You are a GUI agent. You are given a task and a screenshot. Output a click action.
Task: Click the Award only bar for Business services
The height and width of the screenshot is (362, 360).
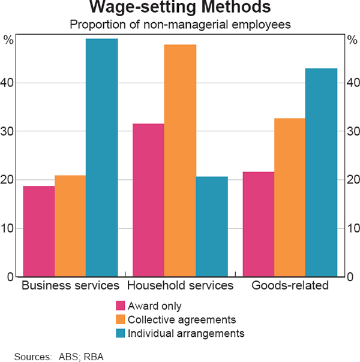tap(39, 231)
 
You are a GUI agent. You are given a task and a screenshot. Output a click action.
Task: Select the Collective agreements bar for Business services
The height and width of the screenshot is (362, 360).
tap(70, 226)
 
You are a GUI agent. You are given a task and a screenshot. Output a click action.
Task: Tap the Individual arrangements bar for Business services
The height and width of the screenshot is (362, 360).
tap(101, 158)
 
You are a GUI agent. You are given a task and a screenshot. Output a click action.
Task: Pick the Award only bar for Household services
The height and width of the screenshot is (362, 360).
tap(149, 200)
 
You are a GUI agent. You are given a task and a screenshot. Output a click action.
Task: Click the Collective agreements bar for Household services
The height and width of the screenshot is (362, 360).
tap(180, 161)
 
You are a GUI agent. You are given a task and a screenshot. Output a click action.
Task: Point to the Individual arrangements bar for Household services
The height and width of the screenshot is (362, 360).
tap(211, 227)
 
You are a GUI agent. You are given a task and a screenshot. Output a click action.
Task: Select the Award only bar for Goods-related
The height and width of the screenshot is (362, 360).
tap(259, 224)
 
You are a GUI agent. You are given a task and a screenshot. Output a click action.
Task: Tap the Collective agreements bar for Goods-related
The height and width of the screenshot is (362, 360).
tap(290, 197)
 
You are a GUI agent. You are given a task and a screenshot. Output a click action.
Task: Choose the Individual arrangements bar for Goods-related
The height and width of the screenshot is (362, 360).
tap(321, 173)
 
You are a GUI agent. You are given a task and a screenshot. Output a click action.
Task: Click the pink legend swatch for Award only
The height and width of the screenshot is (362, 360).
tap(121, 306)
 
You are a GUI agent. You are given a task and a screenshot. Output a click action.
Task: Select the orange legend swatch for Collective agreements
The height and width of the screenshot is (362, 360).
tap(121, 319)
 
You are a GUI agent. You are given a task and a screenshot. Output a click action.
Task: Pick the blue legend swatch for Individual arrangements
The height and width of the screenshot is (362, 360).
tap(121, 332)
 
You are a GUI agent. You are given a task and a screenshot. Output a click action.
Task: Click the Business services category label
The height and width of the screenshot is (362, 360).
tap(70, 286)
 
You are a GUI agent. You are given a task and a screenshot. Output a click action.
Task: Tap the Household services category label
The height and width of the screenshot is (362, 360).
tap(180, 286)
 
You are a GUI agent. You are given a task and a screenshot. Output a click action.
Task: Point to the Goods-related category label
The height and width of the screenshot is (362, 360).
tap(290, 286)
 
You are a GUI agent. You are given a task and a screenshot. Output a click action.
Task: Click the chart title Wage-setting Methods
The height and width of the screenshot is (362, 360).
tap(180, 8)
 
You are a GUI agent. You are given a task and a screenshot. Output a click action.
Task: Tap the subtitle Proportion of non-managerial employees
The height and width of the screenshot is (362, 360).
tap(180, 25)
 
